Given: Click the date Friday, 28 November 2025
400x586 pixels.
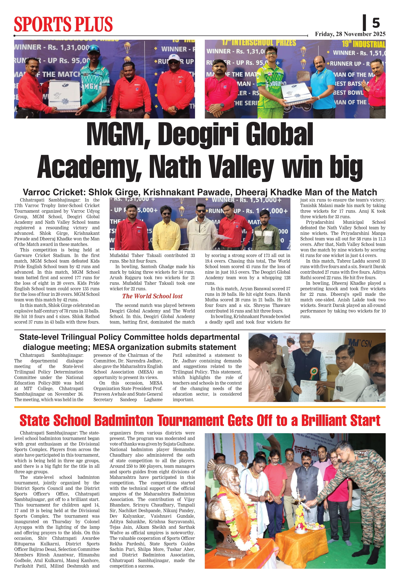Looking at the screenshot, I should [350, 34].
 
